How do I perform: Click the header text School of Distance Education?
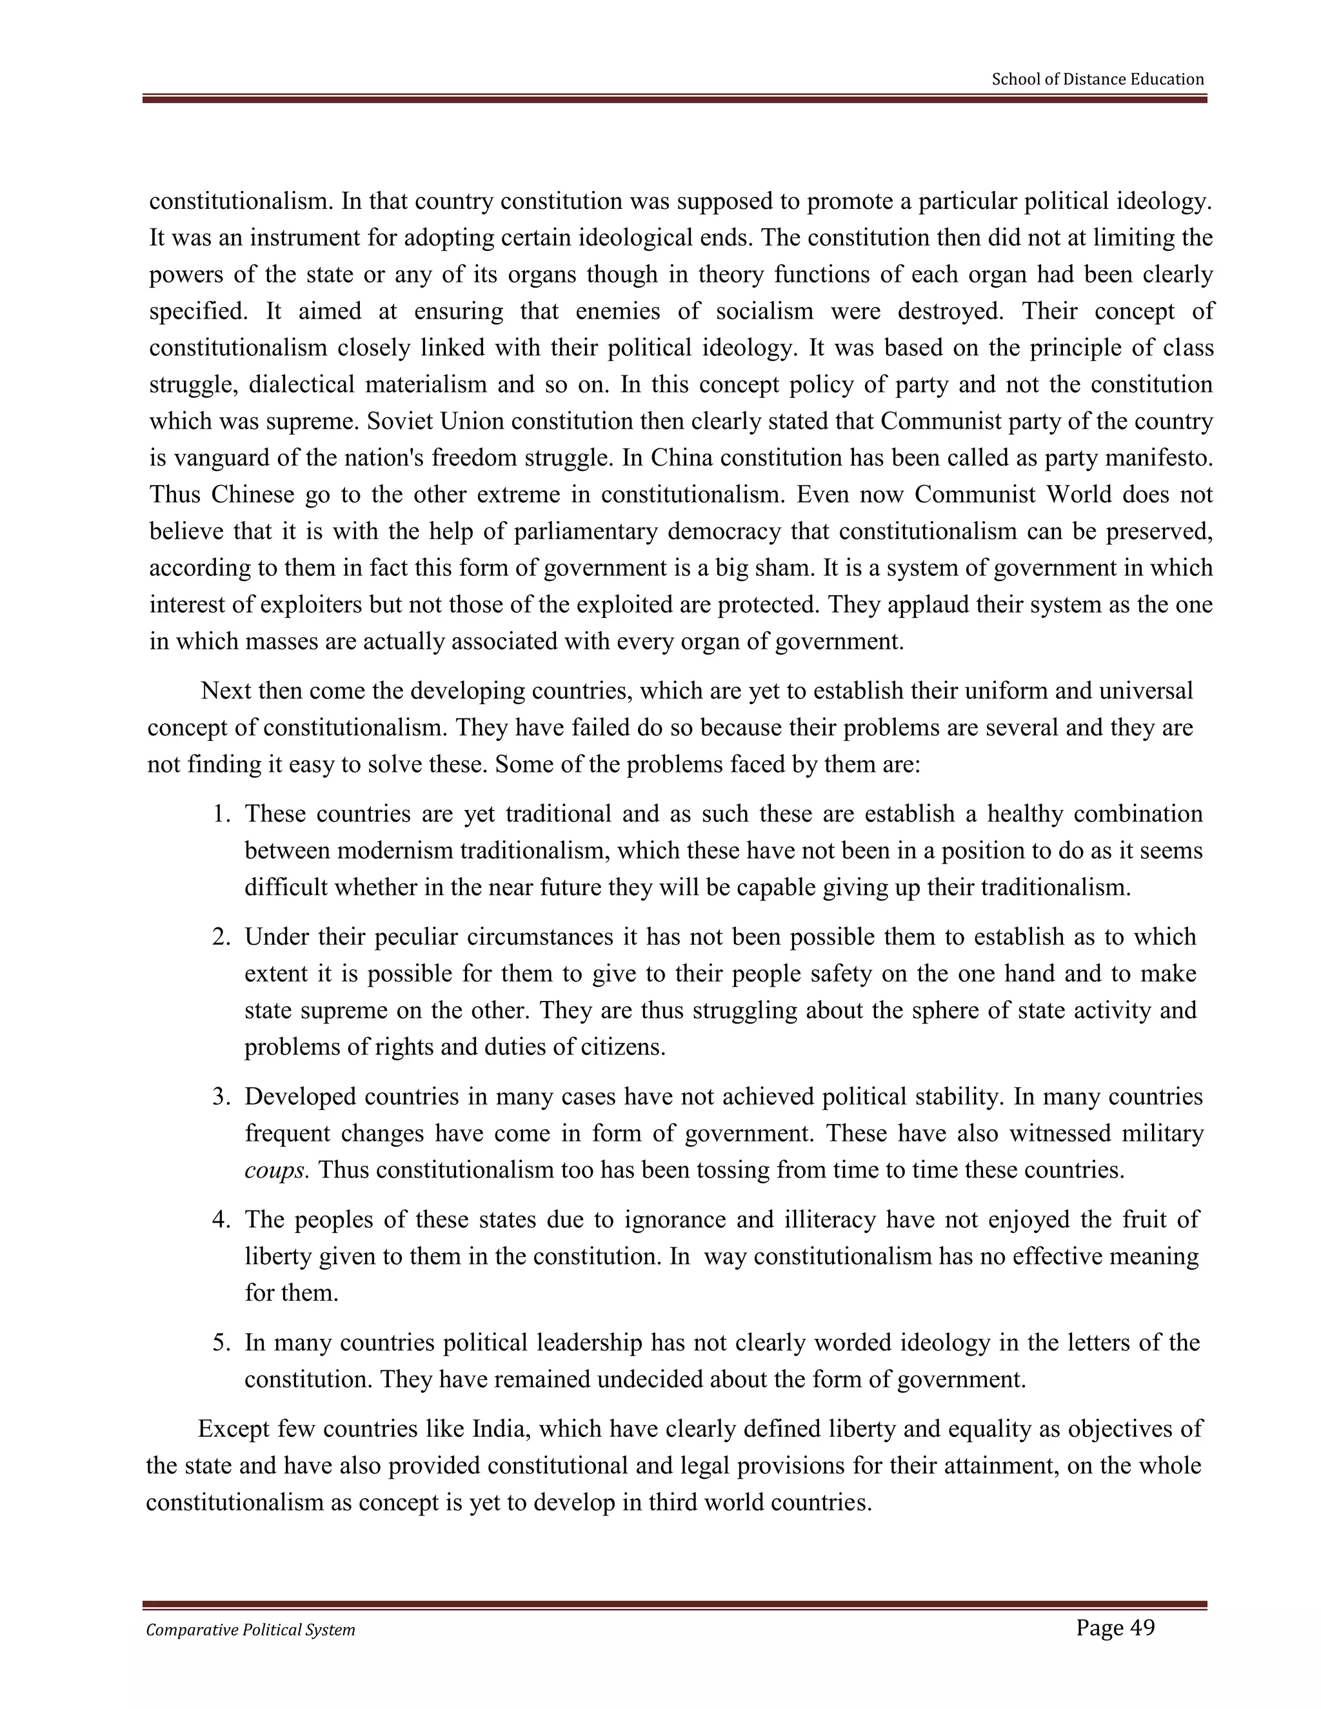pos(1097,79)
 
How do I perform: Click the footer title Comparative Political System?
pos(250,1630)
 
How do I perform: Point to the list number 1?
pos(221,814)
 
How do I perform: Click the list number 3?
pos(221,1096)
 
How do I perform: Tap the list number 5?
pos(221,1343)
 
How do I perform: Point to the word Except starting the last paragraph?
pos(235,1429)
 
